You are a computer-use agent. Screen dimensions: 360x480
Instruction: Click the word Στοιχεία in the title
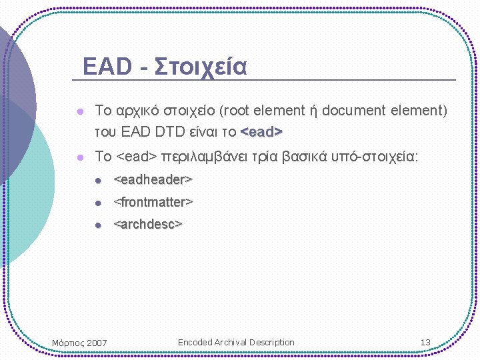click(201, 67)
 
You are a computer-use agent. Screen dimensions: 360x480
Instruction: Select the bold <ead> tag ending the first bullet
click(261, 131)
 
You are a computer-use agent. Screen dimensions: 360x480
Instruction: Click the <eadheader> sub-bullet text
click(153, 179)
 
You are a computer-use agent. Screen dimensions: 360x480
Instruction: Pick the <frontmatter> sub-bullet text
click(153, 201)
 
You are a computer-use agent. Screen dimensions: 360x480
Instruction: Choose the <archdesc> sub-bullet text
click(148, 224)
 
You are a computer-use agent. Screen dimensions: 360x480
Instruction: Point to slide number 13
click(425, 343)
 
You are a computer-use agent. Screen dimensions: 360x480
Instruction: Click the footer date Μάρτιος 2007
click(79, 343)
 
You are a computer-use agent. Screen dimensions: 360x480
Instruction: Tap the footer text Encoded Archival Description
click(236, 343)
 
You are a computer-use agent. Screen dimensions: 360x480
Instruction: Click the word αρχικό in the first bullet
click(138, 110)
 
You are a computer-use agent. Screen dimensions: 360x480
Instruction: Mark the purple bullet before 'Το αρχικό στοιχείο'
click(79, 111)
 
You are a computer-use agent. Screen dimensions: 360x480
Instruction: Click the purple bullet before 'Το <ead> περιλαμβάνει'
click(79, 157)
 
